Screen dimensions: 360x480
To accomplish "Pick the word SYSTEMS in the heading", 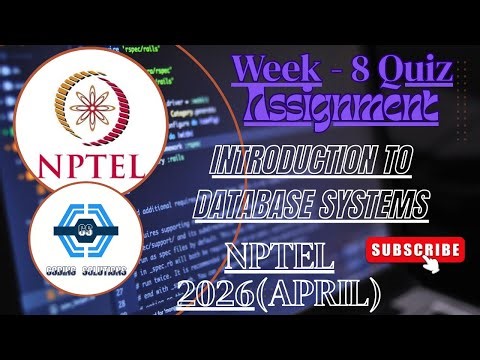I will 369,206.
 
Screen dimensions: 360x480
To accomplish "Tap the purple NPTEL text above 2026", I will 281,258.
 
